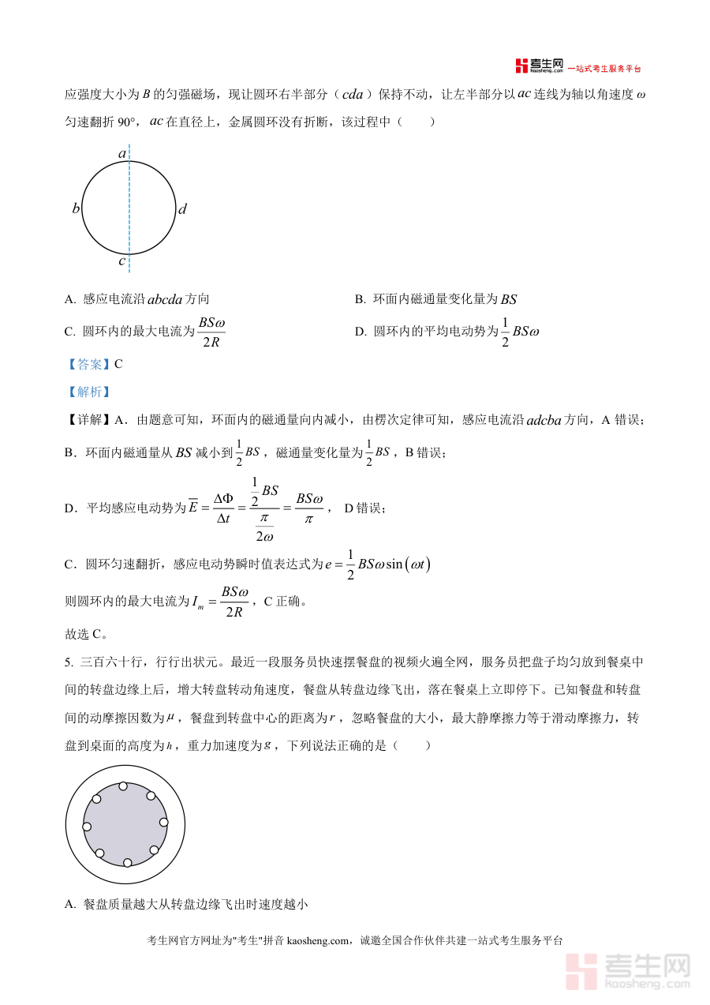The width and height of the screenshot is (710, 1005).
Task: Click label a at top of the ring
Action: click(122, 153)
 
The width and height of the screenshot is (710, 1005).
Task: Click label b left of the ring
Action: click(76, 209)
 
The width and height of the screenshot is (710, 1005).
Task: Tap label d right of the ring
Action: click(182, 209)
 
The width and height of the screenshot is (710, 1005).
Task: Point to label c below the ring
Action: click(121, 261)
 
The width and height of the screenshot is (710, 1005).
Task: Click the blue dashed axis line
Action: click(129, 182)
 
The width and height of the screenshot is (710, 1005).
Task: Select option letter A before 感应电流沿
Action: click(69, 299)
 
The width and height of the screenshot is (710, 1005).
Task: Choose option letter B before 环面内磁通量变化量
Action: click(360, 299)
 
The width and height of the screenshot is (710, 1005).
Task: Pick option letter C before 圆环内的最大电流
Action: click(69, 332)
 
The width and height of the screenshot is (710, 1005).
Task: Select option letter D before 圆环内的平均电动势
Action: click(360, 332)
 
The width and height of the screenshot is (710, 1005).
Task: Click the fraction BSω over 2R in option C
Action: click(212, 332)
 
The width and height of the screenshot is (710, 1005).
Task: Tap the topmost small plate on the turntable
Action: click(123, 786)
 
